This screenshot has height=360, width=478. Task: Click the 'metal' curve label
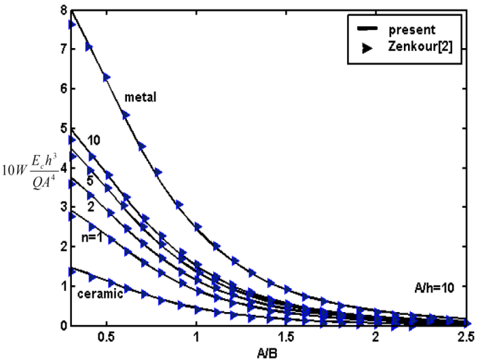141,97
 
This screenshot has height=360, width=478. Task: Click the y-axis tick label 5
62,128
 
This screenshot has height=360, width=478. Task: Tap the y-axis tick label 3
62,207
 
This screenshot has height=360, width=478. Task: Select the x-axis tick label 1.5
286,338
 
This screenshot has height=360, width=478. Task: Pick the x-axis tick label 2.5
466,338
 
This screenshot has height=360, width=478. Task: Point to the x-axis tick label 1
197,338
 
